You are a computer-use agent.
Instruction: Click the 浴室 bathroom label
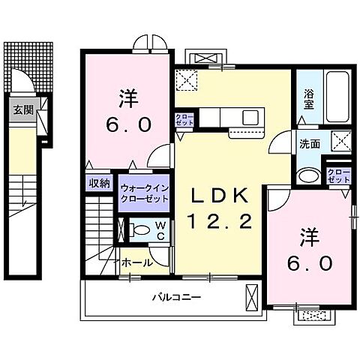(x=308, y=100)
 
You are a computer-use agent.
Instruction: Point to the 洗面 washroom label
(x=310, y=143)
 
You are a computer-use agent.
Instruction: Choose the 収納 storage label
(x=99, y=182)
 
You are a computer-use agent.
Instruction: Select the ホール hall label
(x=136, y=262)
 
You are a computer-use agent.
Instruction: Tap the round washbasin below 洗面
(x=308, y=177)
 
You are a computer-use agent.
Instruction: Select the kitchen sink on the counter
(x=250, y=117)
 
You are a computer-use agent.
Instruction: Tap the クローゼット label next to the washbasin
(x=339, y=176)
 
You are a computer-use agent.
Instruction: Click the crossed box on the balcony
(x=251, y=298)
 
